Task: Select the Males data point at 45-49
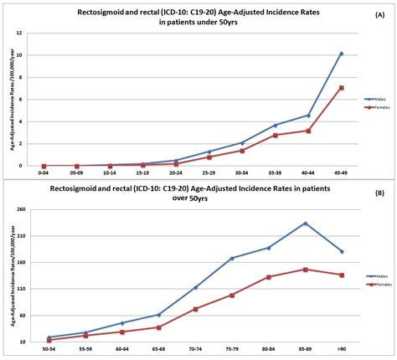tap(342, 54)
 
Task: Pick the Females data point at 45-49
tap(342, 87)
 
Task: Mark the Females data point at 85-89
tap(305, 270)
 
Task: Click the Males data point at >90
tap(342, 251)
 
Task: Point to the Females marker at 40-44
tap(308, 131)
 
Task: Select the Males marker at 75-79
tap(232, 258)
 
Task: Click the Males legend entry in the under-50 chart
tap(374, 99)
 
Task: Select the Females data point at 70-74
tap(195, 309)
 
